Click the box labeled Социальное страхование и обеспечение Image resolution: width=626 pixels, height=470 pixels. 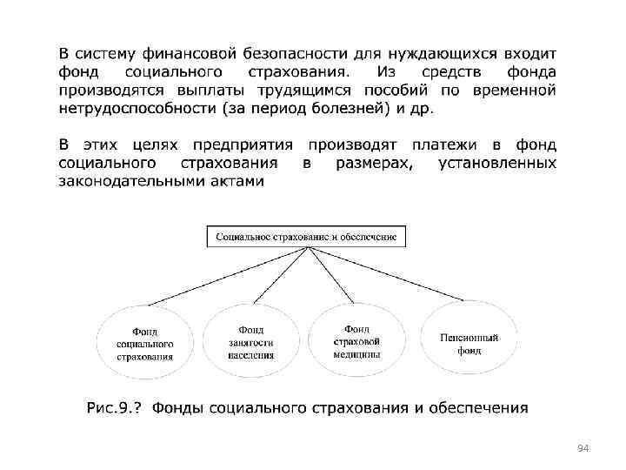coord(306,236)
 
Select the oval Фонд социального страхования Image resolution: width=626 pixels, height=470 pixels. coord(144,343)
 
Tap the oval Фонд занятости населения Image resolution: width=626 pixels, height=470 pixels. coord(251,342)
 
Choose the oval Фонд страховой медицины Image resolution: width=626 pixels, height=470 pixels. coord(356,340)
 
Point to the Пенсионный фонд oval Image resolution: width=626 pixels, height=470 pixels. coord(470,341)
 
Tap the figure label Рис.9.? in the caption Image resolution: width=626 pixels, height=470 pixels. coord(116,408)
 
